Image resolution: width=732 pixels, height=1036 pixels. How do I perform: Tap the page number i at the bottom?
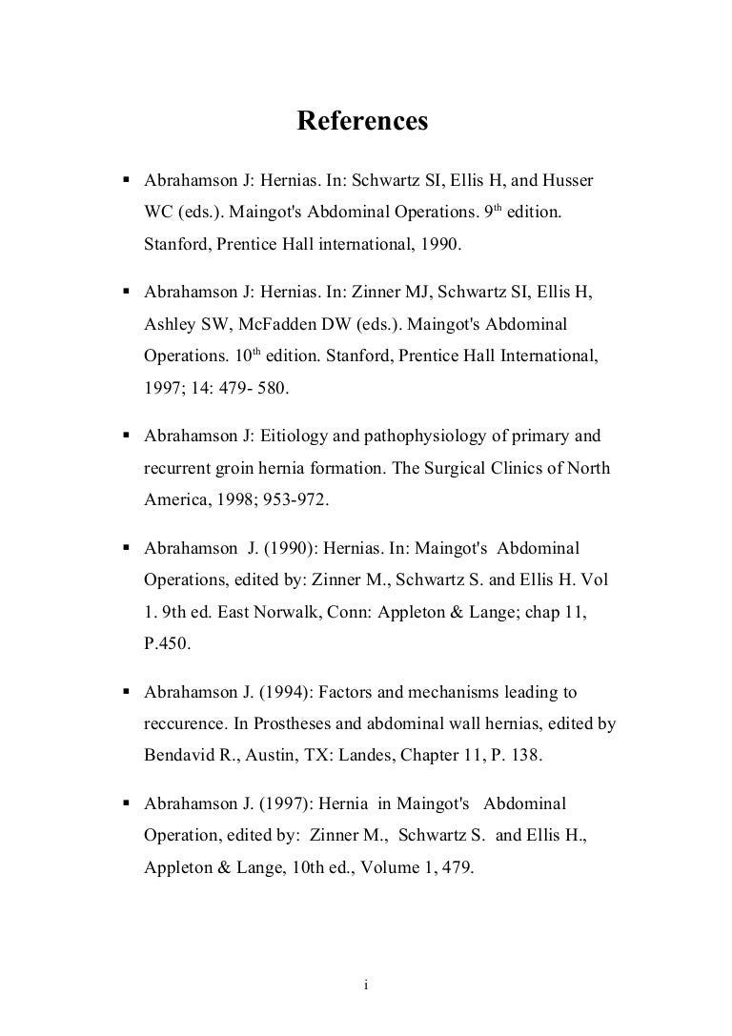(366, 985)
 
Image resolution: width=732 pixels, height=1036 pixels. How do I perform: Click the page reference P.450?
(167, 644)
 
